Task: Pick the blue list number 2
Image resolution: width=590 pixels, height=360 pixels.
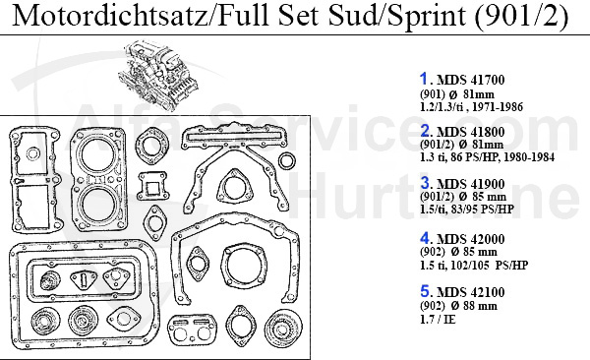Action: coord(426,131)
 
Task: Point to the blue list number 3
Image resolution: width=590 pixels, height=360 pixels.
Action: coord(426,184)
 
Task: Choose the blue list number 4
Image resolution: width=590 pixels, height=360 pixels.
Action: coord(426,238)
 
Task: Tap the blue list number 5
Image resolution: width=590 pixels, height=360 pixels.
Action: coord(426,291)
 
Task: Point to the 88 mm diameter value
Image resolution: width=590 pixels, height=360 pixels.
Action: coord(484,307)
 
